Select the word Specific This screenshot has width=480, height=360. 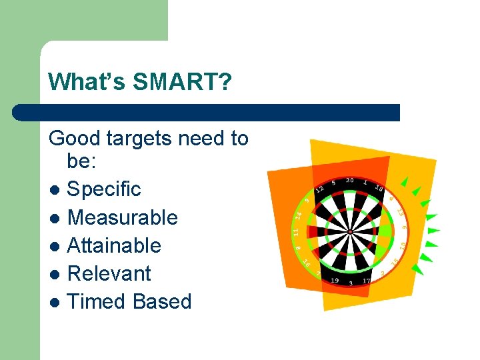tap(104, 189)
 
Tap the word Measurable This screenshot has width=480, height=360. tap(123, 217)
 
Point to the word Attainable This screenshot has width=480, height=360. tap(114, 245)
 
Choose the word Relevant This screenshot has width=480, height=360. tap(109, 273)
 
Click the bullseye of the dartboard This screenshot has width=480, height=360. tap(349, 231)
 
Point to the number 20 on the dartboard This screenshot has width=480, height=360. tap(349, 180)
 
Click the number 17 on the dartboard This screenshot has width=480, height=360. tap(367, 281)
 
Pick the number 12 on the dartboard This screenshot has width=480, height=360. tap(319, 189)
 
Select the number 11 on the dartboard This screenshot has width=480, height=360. tap(295, 232)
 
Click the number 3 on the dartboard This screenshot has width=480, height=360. tap(351, 283)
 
